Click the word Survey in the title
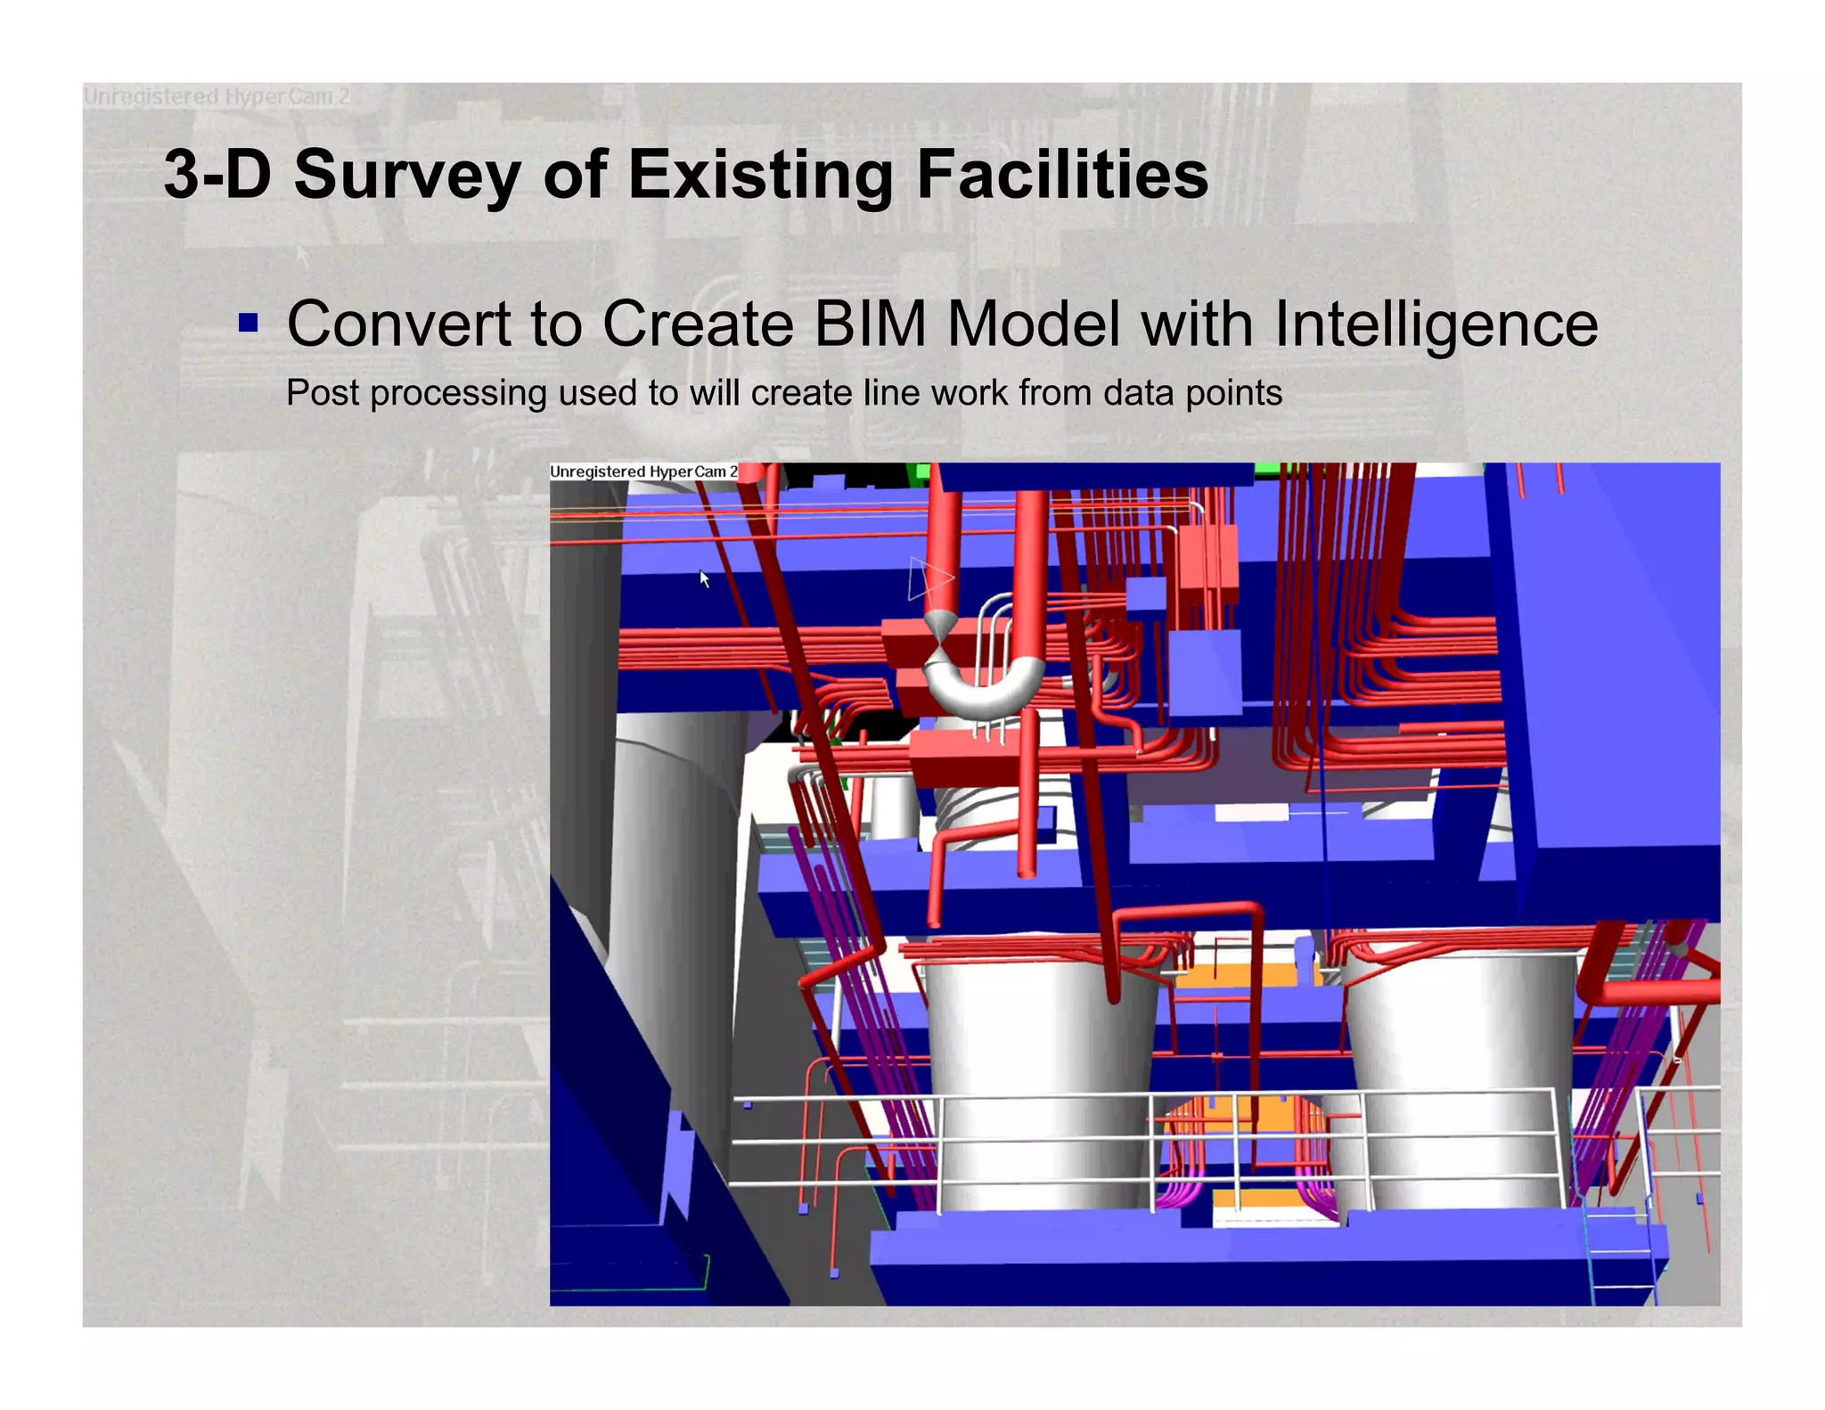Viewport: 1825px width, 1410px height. coord(407,175)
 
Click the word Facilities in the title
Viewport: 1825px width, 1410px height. coord(1061,175)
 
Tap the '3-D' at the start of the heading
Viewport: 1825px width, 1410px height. coord(217,175)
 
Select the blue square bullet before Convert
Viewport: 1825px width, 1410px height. coord(249,322)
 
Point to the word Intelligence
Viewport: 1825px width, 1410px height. coord(1436,324)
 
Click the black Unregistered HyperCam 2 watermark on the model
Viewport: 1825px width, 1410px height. coord(643,471)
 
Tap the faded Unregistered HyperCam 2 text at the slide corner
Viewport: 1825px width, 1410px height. coord(216,96)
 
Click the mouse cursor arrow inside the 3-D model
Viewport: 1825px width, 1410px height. coord(704,579)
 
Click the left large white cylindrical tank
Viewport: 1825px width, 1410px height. coord(1038,1078)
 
